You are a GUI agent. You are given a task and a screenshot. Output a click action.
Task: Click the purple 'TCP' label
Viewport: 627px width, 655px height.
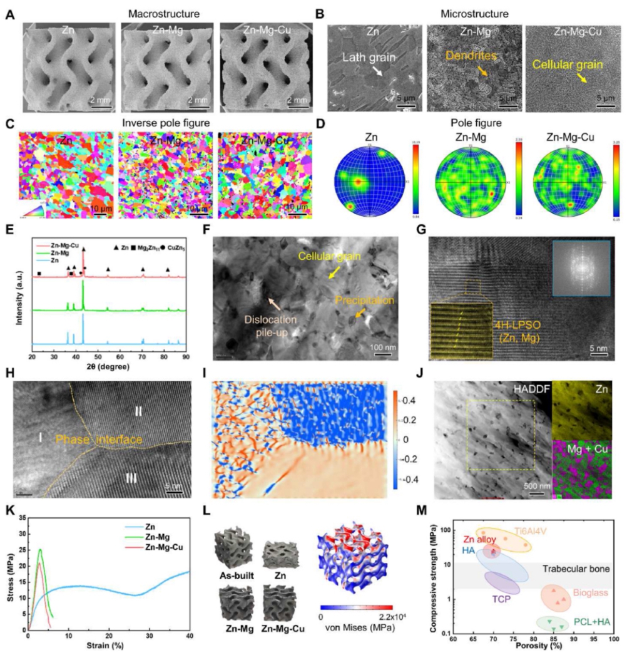[499, 598]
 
